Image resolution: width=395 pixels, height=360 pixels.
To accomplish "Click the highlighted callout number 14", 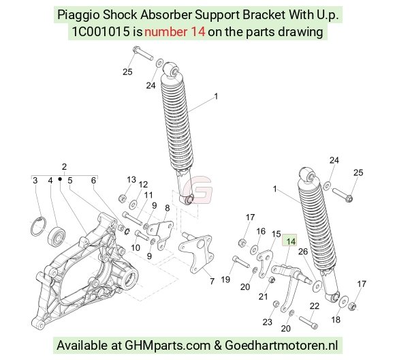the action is tap(291, 241).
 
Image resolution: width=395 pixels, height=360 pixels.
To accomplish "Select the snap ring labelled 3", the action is tap(39, 226).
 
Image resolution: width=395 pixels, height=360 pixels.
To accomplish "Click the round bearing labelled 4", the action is tap(57, 237).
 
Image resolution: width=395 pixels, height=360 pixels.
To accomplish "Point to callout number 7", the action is tap(212, 281).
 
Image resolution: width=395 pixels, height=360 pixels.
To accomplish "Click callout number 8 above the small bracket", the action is tap(168, 208).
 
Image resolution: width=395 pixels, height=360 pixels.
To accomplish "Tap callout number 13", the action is tap(131, 179).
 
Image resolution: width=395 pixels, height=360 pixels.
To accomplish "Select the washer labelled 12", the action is tap(133, 204).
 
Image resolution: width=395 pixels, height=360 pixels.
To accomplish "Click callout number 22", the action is tap(315, 306).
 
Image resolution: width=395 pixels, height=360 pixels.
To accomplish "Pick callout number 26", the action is tap(303, 252).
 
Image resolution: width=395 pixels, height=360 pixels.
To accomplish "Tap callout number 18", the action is tap(336, 320).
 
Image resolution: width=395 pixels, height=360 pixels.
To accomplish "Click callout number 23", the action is tap(267, 322).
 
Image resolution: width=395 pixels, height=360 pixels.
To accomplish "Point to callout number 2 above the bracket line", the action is tap(64, 167).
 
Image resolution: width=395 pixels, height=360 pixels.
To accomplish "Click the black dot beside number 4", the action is tap(60, 179).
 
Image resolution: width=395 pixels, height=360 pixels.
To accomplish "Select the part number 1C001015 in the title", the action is tap(101, 32).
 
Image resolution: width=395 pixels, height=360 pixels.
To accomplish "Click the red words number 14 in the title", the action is tap(175, 32).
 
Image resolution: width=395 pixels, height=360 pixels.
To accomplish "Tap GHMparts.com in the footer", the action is tap(168, 345).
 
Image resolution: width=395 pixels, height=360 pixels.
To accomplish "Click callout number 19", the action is tap(225, 280).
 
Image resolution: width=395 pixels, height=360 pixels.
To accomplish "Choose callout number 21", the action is tap(264, 297).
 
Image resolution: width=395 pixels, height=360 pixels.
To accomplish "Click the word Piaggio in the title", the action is tap(78, 15).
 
